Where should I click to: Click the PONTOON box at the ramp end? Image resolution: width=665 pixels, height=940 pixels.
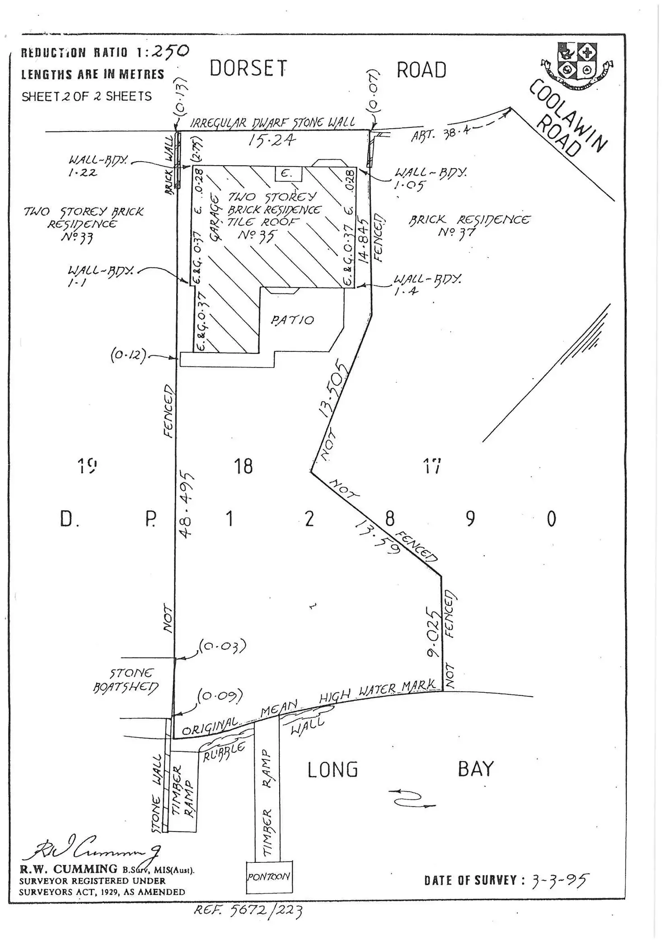269,877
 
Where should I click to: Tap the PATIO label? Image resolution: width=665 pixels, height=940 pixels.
292,320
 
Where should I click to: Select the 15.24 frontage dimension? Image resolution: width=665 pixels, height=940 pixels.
272,140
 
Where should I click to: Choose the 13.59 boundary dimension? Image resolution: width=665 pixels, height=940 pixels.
378,536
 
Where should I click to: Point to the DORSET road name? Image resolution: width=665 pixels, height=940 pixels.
248,69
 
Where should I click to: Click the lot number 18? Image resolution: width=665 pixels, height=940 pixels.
243,466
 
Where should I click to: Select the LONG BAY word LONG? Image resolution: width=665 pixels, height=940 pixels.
332,770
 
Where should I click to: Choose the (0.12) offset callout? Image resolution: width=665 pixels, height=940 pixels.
128,356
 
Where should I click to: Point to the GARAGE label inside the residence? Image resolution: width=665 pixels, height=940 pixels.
215,218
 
